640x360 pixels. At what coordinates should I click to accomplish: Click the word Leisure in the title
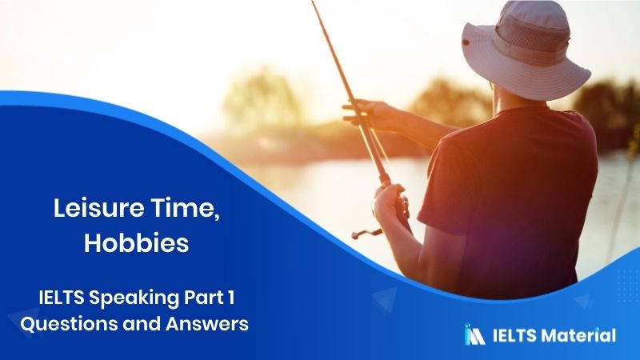98,208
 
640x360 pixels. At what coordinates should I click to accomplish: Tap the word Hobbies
137,243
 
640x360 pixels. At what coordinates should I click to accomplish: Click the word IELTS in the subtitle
62,298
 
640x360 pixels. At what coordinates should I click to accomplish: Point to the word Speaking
134,298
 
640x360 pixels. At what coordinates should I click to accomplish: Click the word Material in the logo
578,335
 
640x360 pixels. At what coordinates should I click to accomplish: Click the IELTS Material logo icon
474,334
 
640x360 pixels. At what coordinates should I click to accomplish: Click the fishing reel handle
366,234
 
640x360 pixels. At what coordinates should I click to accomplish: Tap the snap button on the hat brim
466,42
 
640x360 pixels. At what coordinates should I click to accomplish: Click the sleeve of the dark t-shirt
445,184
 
